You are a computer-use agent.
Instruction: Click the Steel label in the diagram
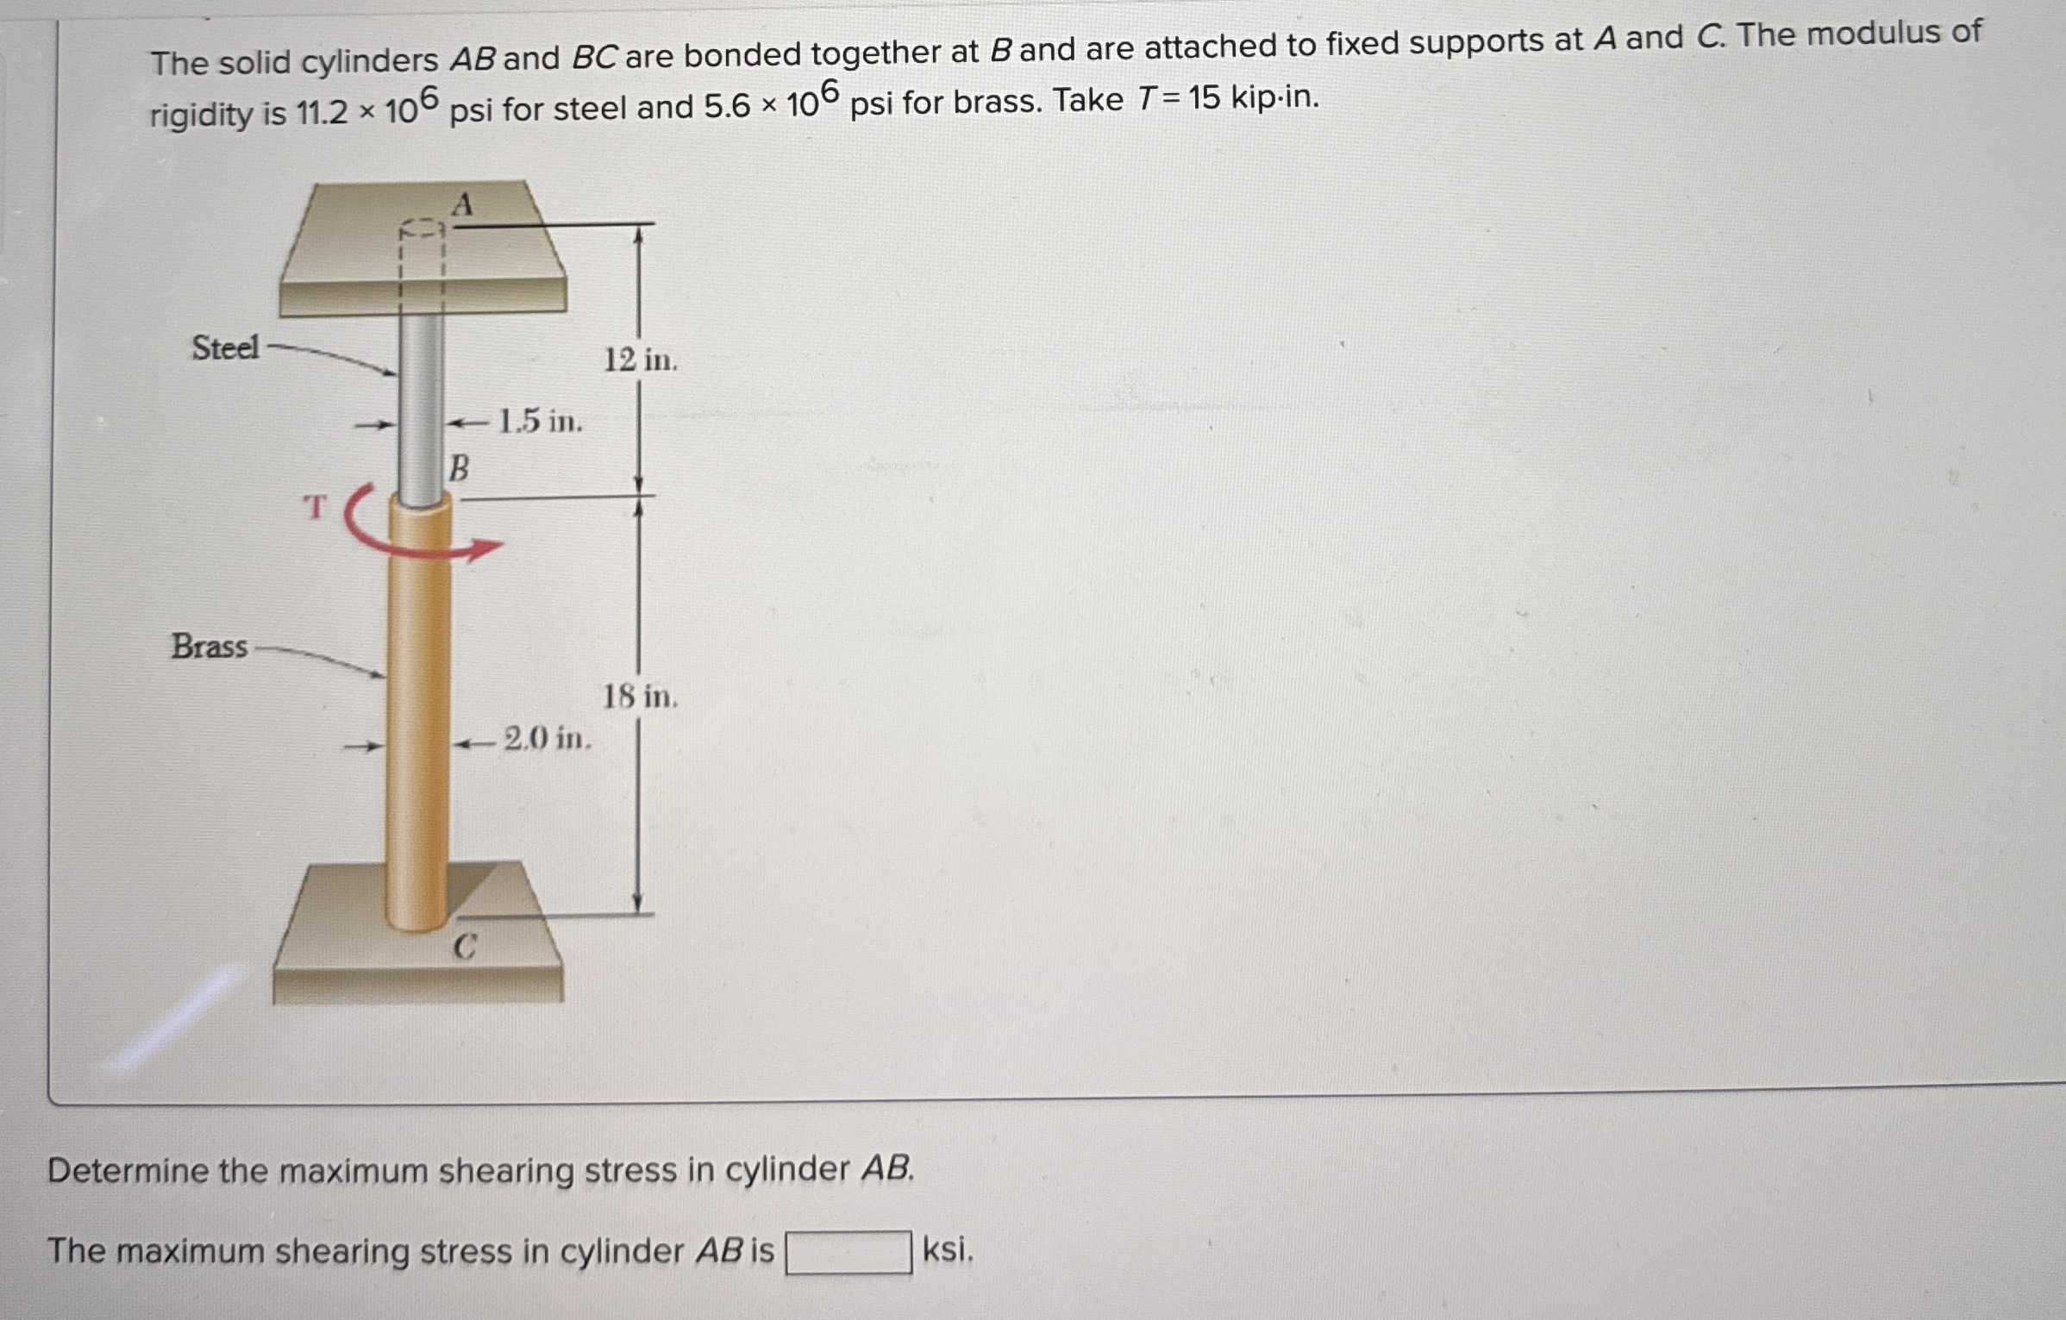coord(225,348)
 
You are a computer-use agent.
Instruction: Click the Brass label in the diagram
coord(210,646)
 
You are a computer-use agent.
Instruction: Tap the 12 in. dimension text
coord(640,360)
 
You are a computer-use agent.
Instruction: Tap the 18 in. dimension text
coord(640,696)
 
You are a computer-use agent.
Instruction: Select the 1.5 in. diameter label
coord(541,422)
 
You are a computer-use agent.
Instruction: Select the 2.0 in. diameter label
coord(548,739)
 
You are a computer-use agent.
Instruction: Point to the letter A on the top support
coord(463,205)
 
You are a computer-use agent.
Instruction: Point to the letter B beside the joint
coord(460,468)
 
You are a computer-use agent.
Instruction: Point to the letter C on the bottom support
coord(464,948)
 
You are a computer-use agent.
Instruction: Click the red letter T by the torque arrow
coord(316,507)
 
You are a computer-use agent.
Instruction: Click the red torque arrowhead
coord(488,548)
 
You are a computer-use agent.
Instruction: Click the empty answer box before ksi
coord(848,1252)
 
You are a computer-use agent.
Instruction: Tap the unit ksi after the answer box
coord(948,1249)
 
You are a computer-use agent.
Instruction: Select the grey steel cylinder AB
coord(422,405)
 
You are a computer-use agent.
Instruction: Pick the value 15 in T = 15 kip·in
coord(1204,99)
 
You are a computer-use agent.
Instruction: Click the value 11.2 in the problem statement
coord(321,112)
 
